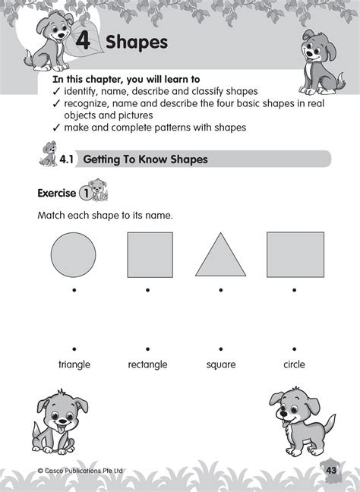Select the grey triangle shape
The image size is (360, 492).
point(220,258)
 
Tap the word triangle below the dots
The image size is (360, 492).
point(74,364)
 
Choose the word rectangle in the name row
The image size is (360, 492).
point(147,364)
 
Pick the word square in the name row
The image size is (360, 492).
point(220,364)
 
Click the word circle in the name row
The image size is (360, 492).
point(294,364)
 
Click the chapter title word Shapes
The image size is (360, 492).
point(137,43)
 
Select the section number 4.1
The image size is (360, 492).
point(68,159)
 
